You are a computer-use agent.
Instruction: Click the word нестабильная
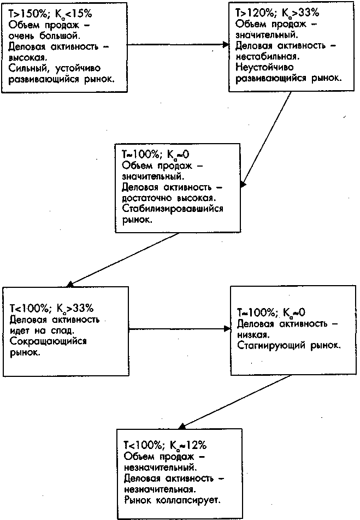point(262,56)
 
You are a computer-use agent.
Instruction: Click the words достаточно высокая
point(169,199)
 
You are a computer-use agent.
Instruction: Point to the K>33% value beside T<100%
point(76,309)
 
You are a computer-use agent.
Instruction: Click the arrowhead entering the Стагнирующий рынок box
point(228,329)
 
